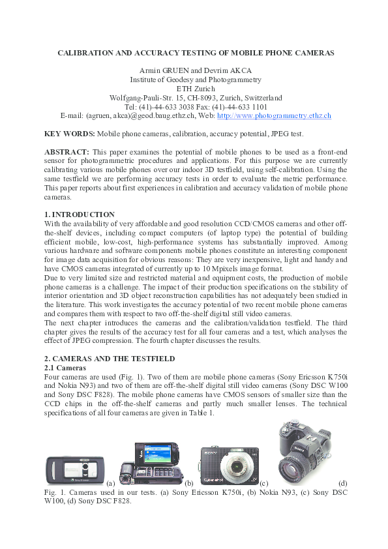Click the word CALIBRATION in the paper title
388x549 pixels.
click(x=87, y=52)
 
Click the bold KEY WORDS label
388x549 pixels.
click(x=69, y=134)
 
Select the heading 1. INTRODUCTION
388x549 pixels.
click(x=79, y=215)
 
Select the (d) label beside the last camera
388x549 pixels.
click(x=343, y=483)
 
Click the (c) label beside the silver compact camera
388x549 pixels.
click(x=265, y=483)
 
